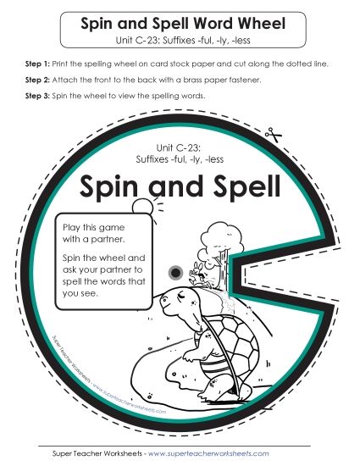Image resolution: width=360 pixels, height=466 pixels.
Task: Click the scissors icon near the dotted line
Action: (x=273, y=134)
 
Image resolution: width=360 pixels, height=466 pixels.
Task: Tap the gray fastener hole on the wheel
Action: (x=176, y=271)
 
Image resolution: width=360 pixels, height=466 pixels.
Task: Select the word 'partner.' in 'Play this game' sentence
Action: (x=118, y=240)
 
